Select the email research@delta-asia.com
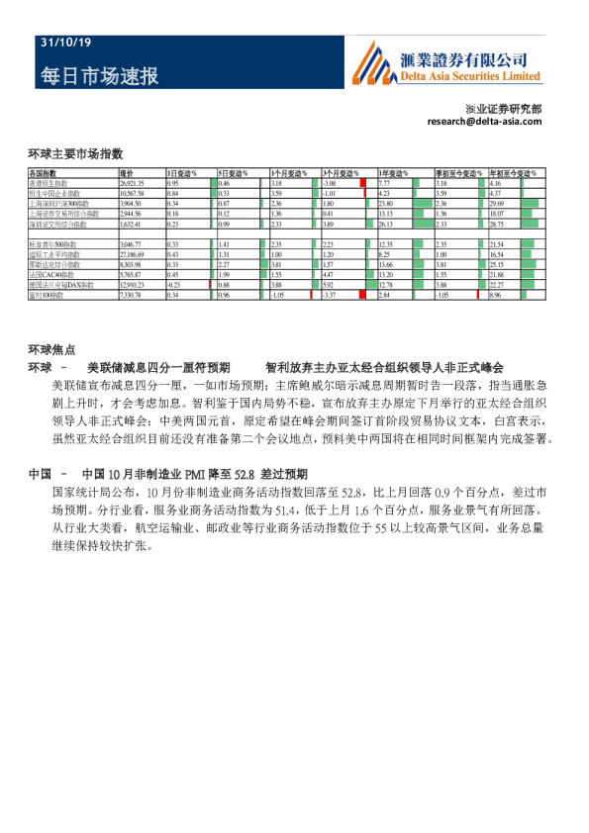tap(484, 122)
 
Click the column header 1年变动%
tap(395, 173)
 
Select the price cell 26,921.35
tap(133, 184)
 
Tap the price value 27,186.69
tap(133, 254)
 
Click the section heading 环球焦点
tap(51, 349)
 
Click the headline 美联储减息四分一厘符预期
tap(158, 366)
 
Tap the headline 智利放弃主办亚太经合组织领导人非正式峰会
tap(384, 366)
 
